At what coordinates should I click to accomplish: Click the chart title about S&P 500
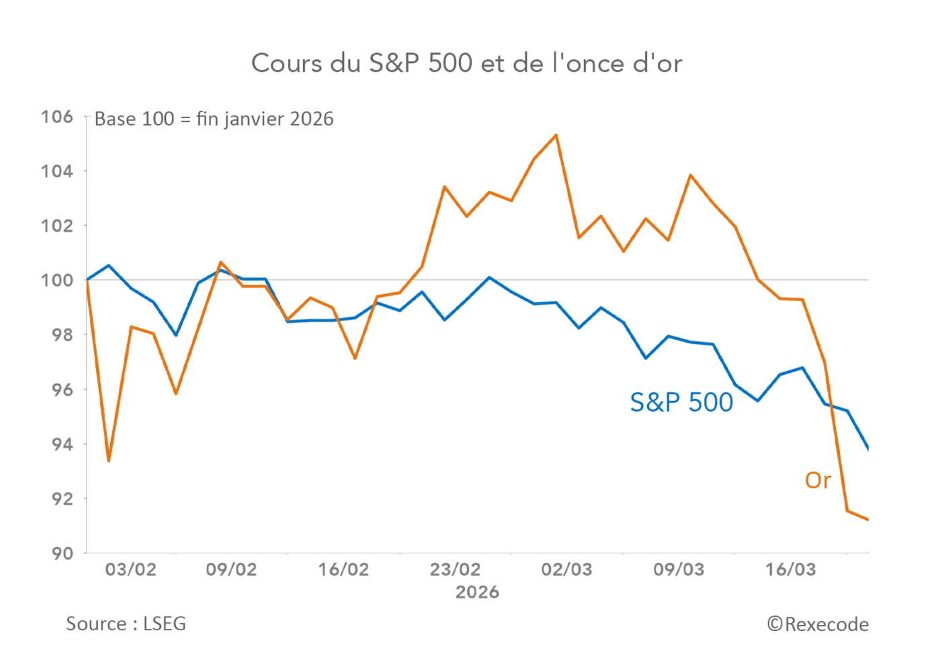466,63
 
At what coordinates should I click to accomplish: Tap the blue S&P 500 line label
681,402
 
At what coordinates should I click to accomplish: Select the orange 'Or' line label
818,480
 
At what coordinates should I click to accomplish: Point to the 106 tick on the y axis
57,117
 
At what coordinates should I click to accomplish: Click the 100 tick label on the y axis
57,280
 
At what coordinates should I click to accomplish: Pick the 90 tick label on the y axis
62,553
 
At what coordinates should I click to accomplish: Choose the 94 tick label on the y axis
62,444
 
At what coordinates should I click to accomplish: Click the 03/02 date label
130,570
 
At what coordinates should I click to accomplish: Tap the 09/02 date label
231,570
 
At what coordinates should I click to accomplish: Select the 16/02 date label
343,570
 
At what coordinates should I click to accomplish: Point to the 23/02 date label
455,570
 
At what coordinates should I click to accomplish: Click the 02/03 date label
566,570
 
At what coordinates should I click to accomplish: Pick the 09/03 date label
679,570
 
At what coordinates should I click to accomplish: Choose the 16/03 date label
790,570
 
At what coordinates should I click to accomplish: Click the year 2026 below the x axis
477,592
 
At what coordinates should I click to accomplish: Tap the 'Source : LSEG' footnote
126,623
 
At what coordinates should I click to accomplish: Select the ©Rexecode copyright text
818,624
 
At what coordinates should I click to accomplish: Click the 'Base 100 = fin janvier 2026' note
214,119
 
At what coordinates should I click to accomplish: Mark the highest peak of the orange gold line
556,135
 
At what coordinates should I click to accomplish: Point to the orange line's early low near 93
109,461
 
